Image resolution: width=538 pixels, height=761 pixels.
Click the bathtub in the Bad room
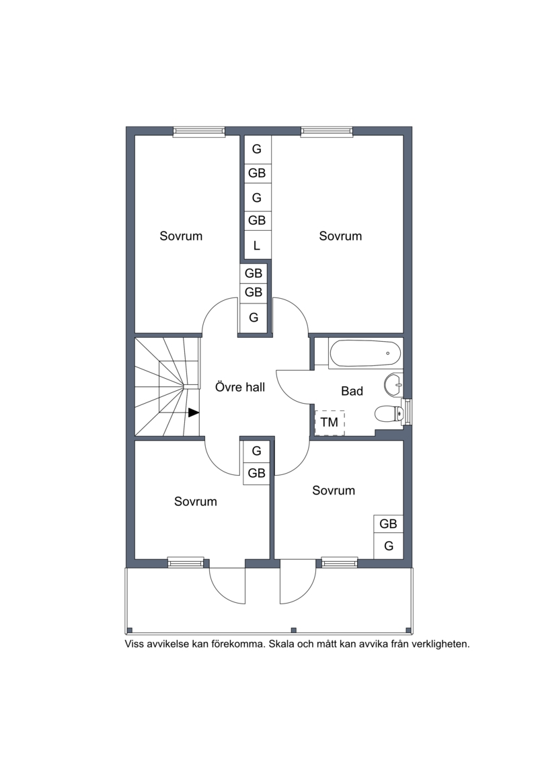point(365,353)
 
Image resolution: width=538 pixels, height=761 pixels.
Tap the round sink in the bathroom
point(393,386)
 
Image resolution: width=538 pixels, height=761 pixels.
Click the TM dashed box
point(330,423)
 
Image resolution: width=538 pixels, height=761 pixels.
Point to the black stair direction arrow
point(194,412)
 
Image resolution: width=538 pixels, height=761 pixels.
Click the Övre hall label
point(240,388)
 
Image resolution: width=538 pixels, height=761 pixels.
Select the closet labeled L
point(257,246)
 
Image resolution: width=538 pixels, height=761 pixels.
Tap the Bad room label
point(352,391)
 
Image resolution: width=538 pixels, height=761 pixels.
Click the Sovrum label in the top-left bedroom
point(181,236)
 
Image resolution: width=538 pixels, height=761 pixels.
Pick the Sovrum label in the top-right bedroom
point(340,236)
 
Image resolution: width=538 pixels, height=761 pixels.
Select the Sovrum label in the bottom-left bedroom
point(196,501)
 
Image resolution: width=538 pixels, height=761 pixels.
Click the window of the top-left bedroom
point(199,131)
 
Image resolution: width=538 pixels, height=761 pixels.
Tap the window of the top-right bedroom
point(326,131)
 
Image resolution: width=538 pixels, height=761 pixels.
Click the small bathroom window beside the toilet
point(408,411)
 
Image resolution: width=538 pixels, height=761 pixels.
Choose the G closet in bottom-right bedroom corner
point(389,546)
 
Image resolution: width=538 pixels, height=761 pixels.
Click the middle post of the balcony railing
point(293,630)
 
